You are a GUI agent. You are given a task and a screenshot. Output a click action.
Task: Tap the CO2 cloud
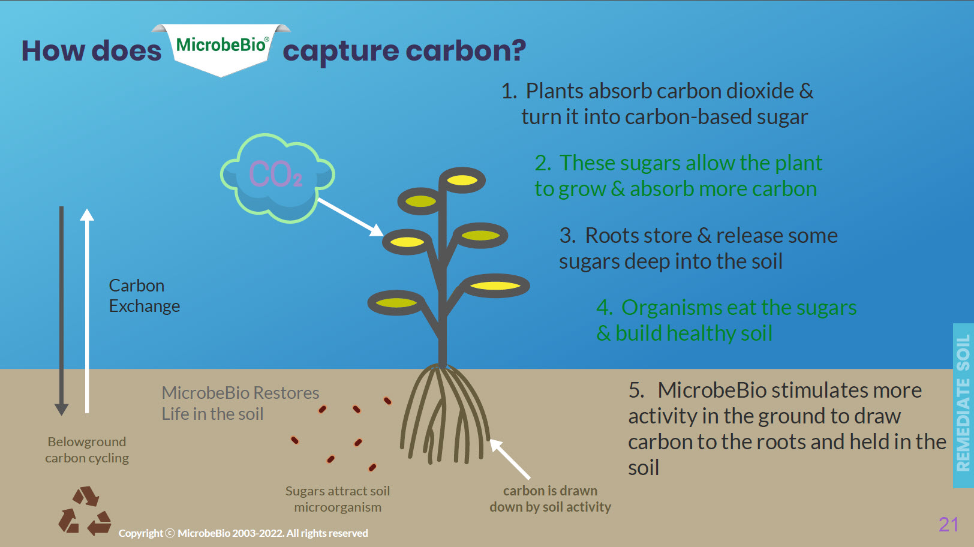point(278,178)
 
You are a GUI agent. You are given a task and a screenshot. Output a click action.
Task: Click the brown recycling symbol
point(85,511)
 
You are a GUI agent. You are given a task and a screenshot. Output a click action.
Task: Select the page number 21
point(948,524)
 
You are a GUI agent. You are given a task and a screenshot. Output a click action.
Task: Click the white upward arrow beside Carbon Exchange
point(87,311)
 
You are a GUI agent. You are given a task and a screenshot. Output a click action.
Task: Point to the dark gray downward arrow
point(61,311)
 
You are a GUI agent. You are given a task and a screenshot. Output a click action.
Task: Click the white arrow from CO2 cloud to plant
point(350,217)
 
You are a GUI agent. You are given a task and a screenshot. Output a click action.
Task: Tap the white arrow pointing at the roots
point(510,459)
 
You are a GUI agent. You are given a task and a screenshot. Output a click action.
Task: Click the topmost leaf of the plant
point(462,180)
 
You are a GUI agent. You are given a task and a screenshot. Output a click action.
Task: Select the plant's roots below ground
point(444,414)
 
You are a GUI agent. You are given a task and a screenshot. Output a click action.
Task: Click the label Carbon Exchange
point(145,296)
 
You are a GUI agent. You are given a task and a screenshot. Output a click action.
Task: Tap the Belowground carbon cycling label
point(87,450)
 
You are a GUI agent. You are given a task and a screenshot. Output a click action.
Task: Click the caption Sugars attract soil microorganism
point(338,499)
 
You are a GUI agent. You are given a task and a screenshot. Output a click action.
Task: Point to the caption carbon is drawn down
point(550,499)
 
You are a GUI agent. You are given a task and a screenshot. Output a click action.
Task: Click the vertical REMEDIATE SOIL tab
point(963,405)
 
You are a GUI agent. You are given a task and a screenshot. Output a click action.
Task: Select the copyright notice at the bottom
point(243,533)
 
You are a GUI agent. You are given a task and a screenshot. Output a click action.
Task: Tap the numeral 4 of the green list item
point(604,308)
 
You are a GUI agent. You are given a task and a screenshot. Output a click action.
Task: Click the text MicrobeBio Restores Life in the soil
point(240,403)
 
